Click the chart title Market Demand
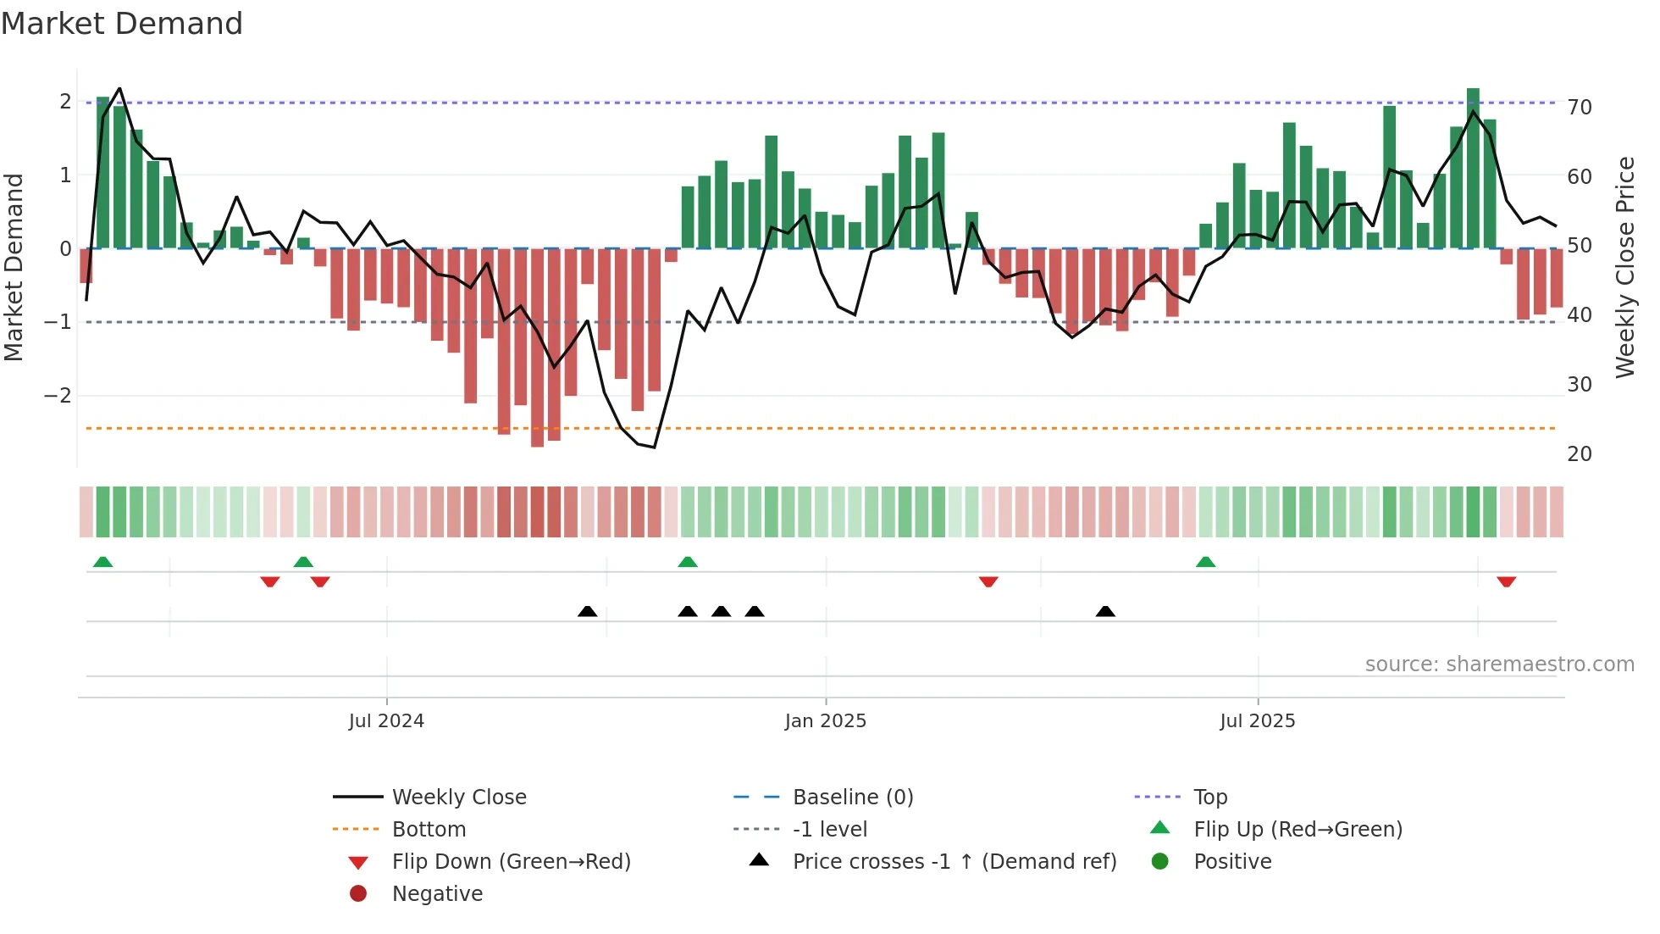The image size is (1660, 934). [122, 24]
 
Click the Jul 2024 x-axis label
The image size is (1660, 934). [386, 721]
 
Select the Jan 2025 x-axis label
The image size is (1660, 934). [826, 721]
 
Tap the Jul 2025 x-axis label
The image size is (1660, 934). [1258, 721]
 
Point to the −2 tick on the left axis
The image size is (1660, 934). [58, 396]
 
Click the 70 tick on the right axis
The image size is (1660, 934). [1580, 108]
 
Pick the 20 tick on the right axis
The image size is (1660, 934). [1580, 454]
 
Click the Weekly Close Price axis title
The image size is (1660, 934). [1625, 267]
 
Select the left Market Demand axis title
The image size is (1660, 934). [14, 267]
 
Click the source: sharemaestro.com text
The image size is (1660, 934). [1499, 664]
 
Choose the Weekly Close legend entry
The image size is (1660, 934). [458, 798]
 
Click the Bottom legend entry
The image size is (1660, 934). [429, 830]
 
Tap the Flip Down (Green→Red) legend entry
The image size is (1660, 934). [511, 862]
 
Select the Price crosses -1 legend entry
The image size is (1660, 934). [954, 862]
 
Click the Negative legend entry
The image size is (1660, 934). [437, 894]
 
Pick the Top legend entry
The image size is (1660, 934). [1210, 798]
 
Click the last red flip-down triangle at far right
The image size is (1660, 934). [1506, 581]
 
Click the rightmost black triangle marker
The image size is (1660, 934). [1105, 611]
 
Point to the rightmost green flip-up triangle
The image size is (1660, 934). [1205, 562]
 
